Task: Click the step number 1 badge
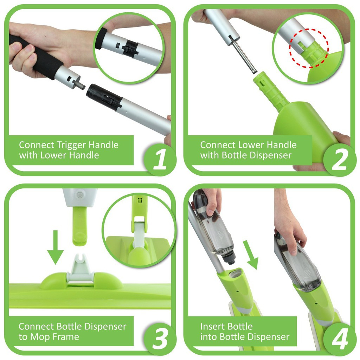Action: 160,159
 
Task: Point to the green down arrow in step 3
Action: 55,247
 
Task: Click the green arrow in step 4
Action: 251,255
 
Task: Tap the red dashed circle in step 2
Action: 309,48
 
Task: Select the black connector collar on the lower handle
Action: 104,96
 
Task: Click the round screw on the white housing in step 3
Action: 80,195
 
